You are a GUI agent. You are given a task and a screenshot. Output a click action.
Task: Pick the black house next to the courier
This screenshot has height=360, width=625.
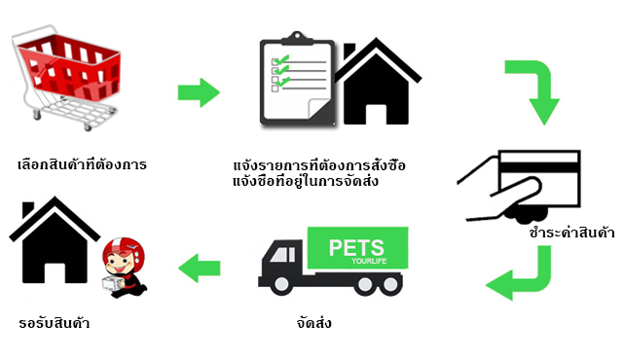[x=54, y=244]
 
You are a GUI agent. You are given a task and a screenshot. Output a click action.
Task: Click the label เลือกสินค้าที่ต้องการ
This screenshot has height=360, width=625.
[x=83, y=163]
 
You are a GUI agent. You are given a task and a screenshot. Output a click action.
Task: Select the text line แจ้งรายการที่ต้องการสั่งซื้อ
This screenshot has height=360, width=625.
[x=318, y=165]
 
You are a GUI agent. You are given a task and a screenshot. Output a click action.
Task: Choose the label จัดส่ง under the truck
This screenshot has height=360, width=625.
[x=312, y=322]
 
